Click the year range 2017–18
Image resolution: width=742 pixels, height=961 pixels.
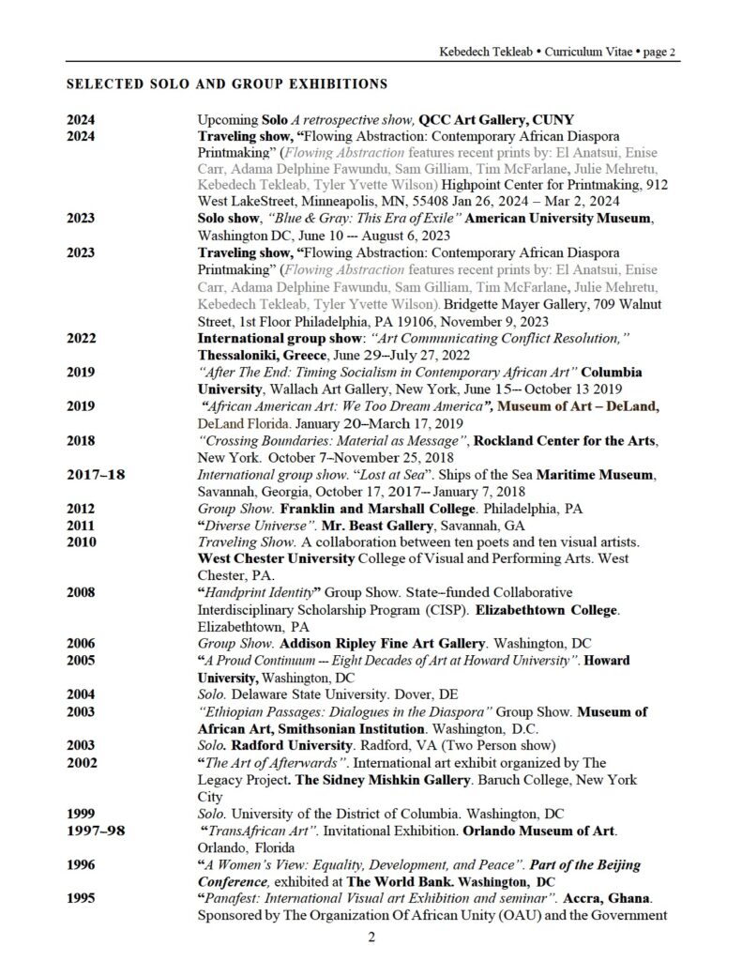tap(97, 474)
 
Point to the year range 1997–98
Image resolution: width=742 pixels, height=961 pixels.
tap(97, 831)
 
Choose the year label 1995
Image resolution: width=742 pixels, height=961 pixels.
tap(83, 898)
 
